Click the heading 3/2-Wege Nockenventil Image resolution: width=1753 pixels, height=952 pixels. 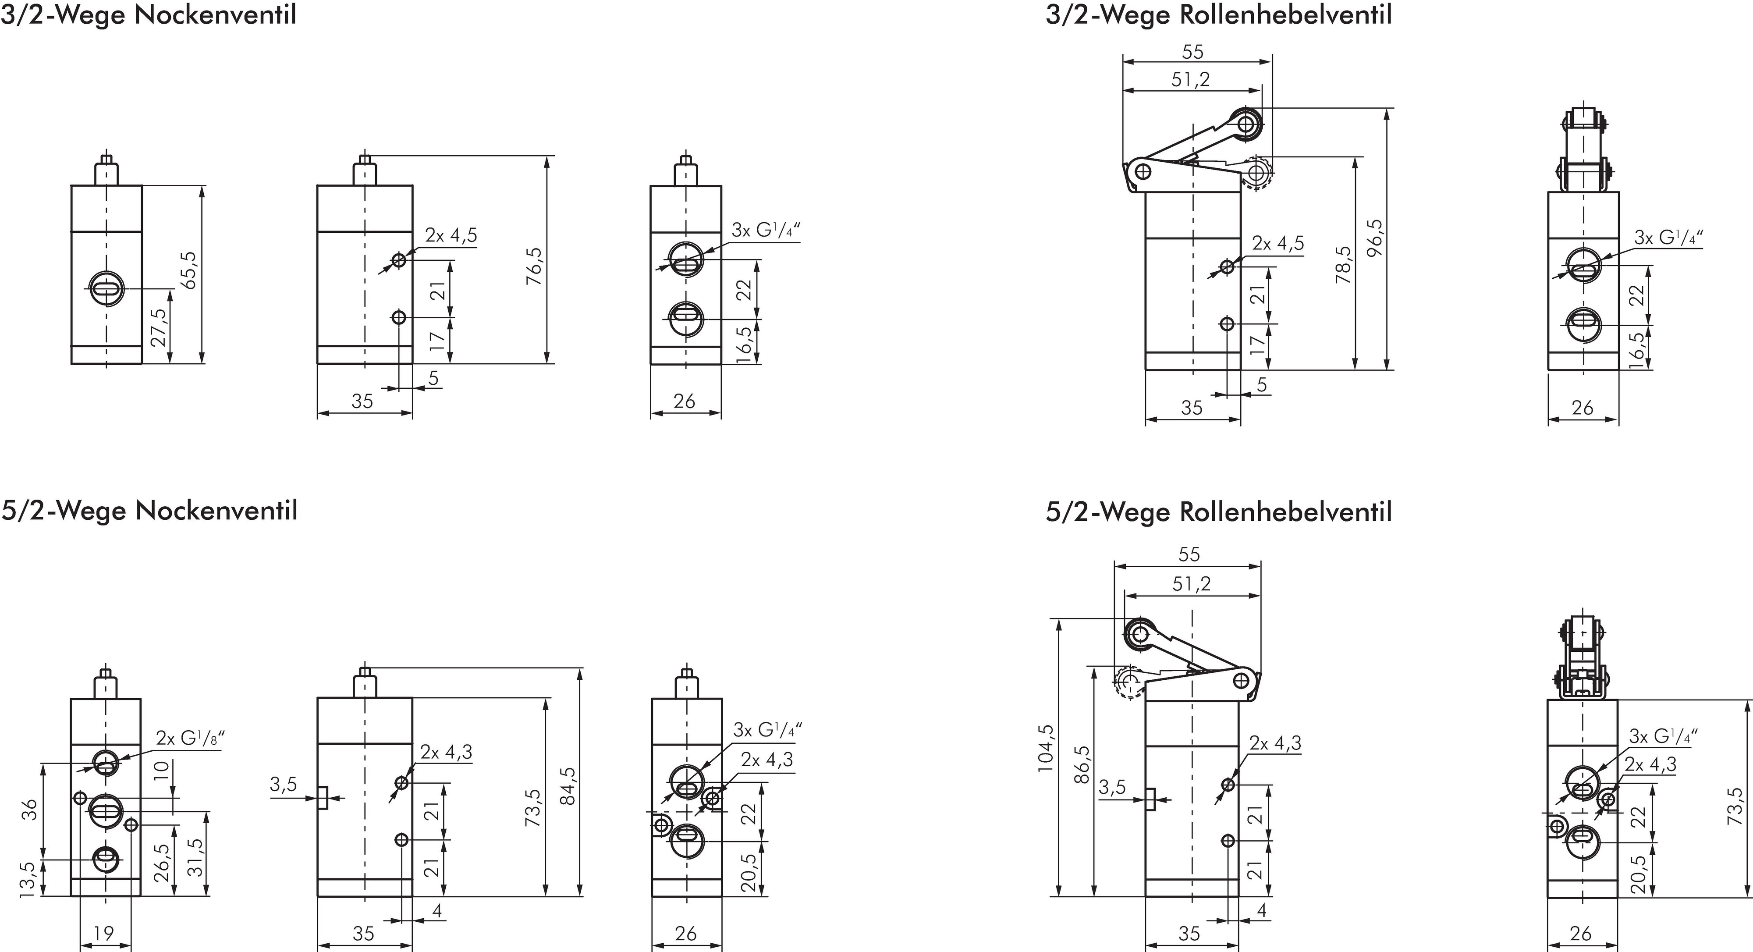click(x=149, y=15)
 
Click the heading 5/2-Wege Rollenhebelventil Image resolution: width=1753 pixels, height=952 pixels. click(x=1218, y=512)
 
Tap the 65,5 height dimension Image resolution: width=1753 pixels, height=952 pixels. click(x=190, y=270)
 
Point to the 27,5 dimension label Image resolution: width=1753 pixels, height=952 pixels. click(x=158, y=327)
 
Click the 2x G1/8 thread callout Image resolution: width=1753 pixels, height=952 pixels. click(x=190, y=739)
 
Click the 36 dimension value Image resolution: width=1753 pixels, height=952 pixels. click(x=29, y=810)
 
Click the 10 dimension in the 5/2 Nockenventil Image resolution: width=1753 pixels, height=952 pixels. click(x=160, y=770)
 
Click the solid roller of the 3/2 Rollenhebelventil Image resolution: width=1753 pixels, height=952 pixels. click(x=1246, y=124)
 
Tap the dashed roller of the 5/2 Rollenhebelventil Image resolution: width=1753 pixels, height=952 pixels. click(x=1128, y=681)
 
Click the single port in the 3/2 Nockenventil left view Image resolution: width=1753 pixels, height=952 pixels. click(x=106, y=289)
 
